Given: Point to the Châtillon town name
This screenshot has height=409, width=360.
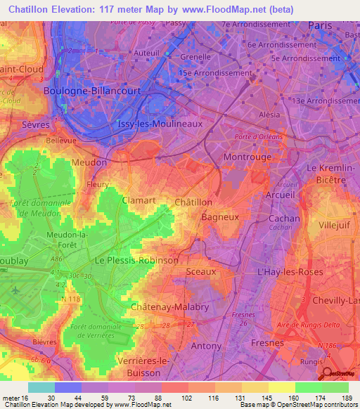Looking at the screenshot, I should [x=193, y=202].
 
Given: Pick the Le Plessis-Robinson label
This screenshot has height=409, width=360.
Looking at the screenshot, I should [x=136, y=260].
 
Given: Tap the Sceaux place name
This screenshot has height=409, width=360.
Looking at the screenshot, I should [x=200, y=271].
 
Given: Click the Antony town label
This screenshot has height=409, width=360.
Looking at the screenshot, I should [x=205, y=346].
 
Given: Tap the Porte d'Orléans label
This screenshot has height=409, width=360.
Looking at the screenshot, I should [x=259, y=136].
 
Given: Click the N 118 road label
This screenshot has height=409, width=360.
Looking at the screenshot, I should [x=72, y=300].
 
